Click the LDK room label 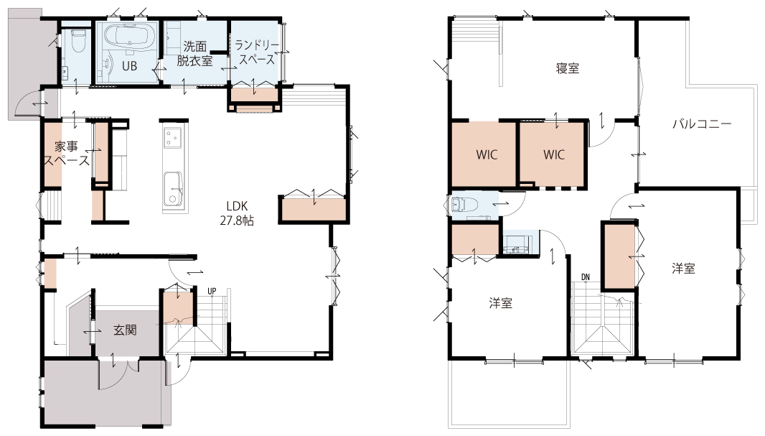pos(237,206)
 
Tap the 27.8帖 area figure pos(237,221)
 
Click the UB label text pos(129,66)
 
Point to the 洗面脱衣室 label pos(194,54)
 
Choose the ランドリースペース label pos(257,52)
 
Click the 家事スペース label pos(66,153)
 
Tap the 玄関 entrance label pos(125,330)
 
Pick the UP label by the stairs pos(212,292)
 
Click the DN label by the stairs pos(586,277)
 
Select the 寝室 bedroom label pos(568,68)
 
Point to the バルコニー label pos(702,124)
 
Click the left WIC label pos(487,154)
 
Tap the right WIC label pos(554,154)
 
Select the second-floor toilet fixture pos(461,203)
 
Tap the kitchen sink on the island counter pos(173,189)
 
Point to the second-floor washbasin pos(517,243)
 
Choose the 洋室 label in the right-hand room pos(683,268)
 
